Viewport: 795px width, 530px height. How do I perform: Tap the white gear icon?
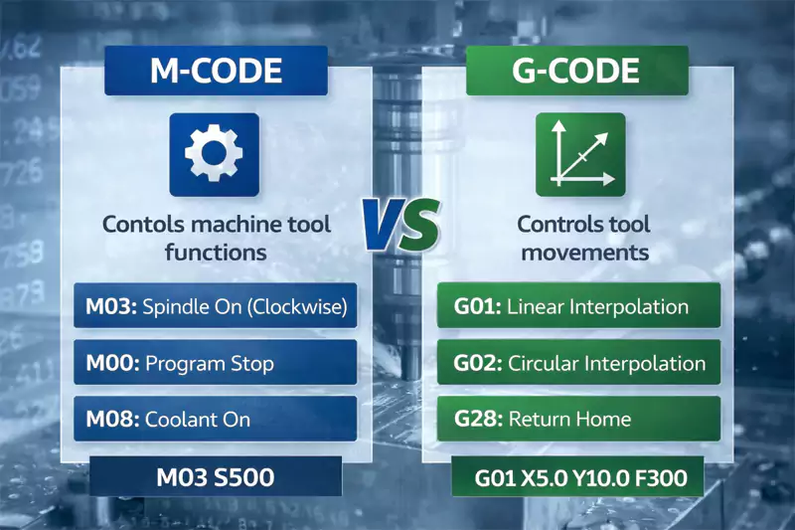215,153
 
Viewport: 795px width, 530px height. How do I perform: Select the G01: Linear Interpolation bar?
578,307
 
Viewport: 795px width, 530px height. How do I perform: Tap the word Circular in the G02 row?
543,362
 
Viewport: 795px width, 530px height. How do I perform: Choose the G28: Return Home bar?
578,418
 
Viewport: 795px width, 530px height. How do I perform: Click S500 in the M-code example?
243,477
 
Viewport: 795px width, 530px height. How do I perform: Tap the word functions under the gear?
217,253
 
